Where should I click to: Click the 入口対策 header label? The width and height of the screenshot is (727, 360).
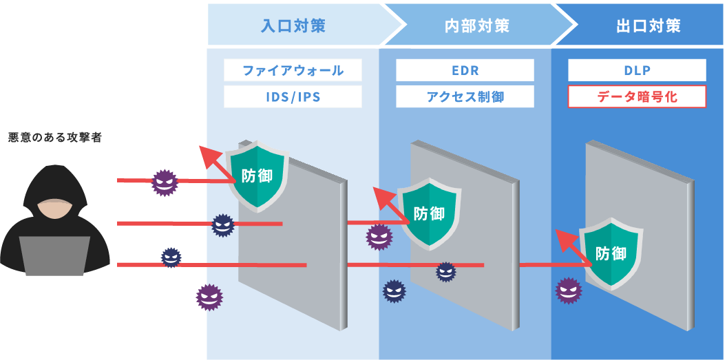click(293, 26)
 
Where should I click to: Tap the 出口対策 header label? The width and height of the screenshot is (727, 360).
click(649, 26)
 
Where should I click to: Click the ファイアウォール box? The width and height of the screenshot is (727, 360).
click(293, 70)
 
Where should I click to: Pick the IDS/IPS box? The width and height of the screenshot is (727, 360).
click(293, 96)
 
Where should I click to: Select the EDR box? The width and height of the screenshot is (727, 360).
click(465, 70)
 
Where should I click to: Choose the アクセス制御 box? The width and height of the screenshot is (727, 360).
click(465, 96)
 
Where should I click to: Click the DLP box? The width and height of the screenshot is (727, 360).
click(637, 70)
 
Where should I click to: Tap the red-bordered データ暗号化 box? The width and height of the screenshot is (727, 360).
click(637, 96)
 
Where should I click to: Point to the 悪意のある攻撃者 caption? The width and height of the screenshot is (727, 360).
click(55, 138)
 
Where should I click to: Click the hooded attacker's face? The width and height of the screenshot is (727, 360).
click(54, 210)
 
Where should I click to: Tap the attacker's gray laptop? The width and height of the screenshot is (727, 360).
click(54, 256)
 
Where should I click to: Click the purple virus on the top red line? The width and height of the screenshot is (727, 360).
click(165, 182)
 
